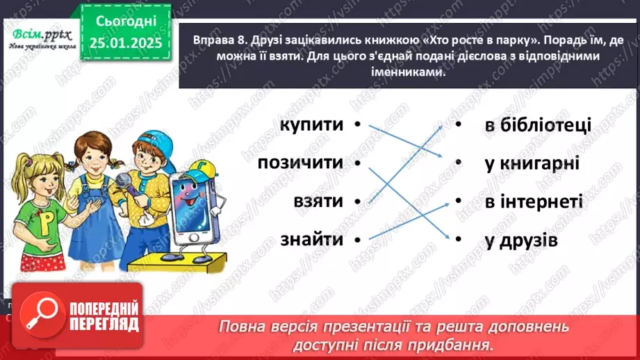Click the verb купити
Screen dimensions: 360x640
312,125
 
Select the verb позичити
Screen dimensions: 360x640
300,163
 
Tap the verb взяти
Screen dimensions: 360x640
318,202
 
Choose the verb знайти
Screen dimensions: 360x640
312,240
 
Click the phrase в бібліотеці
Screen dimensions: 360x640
536,125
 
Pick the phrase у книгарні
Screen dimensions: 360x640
532,164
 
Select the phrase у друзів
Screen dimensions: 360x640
521,240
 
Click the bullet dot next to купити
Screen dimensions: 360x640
356,125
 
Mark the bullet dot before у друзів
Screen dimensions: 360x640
459,240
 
